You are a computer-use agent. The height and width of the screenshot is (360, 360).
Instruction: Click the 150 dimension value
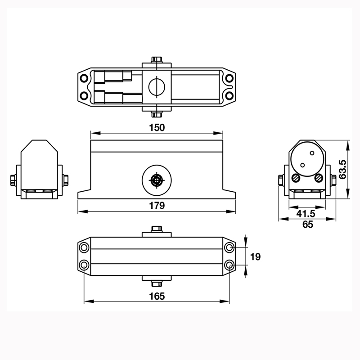[x=157, y=127]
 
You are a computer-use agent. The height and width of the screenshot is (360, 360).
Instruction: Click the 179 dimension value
[x=157, y=206]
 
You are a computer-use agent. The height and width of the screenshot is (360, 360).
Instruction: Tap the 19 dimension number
[x=255, y=256]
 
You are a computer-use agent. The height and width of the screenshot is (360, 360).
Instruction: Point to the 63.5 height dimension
[x=343, y=169]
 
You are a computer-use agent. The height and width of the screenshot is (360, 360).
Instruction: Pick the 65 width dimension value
[x=307, y=225]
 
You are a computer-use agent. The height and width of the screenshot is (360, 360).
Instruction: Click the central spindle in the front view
[x=156, y=180]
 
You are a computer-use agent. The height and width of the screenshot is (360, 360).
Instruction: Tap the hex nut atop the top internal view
[x=157, y=59]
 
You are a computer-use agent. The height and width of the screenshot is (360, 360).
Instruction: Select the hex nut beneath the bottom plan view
[x=157, y=284]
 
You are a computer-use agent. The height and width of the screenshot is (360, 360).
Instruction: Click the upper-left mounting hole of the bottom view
[x=84, y=248]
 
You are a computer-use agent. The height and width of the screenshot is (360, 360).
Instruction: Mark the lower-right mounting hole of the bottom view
[x=229, y=265]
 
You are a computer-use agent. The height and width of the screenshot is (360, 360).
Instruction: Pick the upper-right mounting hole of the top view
[x=229, y=78]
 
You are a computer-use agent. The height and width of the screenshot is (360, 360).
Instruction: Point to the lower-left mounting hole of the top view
[x=84, y=95]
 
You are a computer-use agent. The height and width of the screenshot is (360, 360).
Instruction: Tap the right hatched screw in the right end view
[x=319, y=178]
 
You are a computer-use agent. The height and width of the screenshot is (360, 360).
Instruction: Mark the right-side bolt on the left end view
[x=66, y=180]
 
